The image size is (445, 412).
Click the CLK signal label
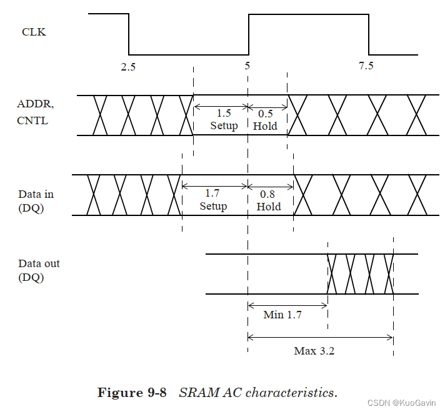click(x=34, y=31)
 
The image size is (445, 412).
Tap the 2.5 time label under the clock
click(x=128, y=67)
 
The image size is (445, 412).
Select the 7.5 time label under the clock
click(x=366, y=67)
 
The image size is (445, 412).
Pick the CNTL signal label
click(x=32, y=120)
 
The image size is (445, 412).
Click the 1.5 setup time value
click(x=224, y=114)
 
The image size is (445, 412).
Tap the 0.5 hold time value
click(x=266, y=114)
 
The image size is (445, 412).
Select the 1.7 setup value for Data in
click(x=213, y=194)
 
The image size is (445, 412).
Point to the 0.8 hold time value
click(x=269, y=194)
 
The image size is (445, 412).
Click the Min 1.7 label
click(x=282, y=315)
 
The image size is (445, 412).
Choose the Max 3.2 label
click(x=314, y=351)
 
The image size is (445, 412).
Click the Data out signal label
click(x=39, y=264)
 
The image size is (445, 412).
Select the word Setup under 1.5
click(x=224, y=125)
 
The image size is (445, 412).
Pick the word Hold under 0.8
click(x=269, y=206)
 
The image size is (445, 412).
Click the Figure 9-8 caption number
click(x=132, y=393)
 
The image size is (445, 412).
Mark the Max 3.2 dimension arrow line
click(x=320, y=338)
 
